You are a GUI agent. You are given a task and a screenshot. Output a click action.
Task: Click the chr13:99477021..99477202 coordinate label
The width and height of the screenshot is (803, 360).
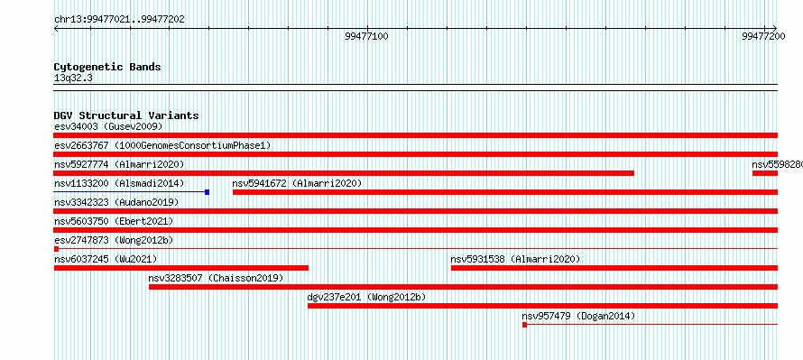click(x=119, y=20)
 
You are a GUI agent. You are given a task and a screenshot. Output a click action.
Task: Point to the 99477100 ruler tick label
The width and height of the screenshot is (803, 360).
click(x=366, y=36)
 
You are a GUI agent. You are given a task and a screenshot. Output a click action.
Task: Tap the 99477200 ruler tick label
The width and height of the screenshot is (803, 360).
click(x=763, y=36)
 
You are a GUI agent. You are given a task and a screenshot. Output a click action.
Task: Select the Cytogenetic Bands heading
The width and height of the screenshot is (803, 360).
click(x=107, y=67)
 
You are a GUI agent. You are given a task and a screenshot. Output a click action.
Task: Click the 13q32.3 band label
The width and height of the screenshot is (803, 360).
click(x=73, y=78)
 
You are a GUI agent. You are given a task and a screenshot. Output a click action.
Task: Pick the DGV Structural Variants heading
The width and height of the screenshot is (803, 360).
click(x=126, y=115)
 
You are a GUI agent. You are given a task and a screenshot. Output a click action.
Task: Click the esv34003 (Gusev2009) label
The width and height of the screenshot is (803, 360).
click(x=108, y=126)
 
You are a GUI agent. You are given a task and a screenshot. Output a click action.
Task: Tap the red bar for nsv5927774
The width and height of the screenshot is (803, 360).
click(x=344, y=173)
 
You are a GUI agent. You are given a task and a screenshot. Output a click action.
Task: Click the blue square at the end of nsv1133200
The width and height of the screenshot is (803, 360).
click(x=207, y=192)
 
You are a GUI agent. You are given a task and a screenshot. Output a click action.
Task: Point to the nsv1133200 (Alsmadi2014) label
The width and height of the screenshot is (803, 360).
click(x=119, y=183)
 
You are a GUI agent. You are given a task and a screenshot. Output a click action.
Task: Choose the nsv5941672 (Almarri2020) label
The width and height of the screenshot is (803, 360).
click(x=297, y=183)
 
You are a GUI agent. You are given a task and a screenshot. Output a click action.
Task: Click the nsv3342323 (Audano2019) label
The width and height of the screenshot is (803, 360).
click(x=116, y=202)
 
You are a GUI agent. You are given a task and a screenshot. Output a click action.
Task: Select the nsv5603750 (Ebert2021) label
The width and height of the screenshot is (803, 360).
click(x=114, y=221)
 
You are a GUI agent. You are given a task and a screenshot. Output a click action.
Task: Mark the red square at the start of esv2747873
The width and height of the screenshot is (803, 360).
click(x=56, y=249)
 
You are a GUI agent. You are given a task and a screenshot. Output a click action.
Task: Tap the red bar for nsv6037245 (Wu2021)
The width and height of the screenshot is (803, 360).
click(x=181, y=268)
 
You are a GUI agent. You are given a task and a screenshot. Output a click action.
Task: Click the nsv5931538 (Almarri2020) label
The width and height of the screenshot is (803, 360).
click(x=515, y=259)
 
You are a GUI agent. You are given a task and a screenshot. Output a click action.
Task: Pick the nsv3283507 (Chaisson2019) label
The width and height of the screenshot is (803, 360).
click(x=217, y=278)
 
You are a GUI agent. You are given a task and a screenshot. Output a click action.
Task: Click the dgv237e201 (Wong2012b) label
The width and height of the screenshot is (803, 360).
click(x=366, y=297)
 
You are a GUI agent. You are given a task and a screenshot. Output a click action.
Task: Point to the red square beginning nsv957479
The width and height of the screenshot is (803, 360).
click(x=524, y=325)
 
